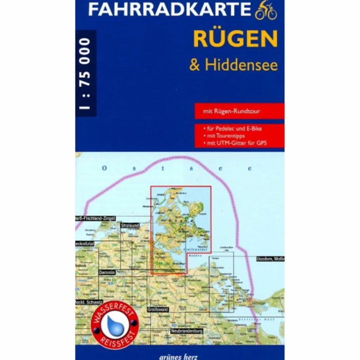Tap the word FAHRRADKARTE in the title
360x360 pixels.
point(170,10)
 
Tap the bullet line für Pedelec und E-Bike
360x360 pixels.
point(232,129)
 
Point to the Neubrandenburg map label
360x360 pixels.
point(187,331)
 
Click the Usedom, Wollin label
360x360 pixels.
point(270,259)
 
